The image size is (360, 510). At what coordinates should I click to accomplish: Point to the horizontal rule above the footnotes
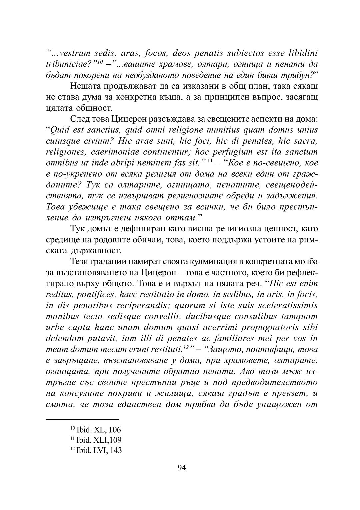click(x=82, y=419)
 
